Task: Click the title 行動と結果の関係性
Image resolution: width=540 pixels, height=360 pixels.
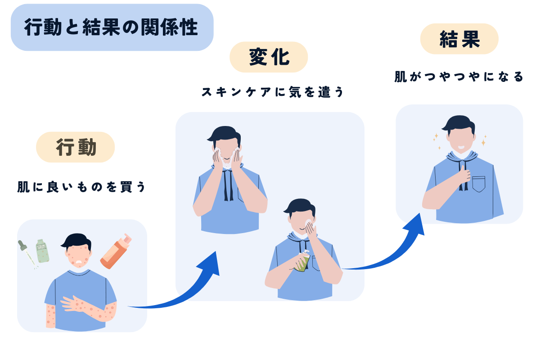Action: click(x=112, y=28)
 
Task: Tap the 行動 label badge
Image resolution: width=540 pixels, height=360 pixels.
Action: click(x=76, y=147)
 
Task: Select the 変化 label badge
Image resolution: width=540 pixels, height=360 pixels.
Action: click(x=269, y=58)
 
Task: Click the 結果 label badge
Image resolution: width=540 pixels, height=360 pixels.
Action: click(x=459, y=39)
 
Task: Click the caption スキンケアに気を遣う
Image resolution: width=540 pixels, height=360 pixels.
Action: click(x=272, y=92)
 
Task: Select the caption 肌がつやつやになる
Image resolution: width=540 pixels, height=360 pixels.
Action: click(x=459, y=77)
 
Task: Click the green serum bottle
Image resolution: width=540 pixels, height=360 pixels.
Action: click(x=42, y=251)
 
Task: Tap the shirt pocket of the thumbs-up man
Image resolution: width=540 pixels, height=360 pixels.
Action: click(x=479, y=184)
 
